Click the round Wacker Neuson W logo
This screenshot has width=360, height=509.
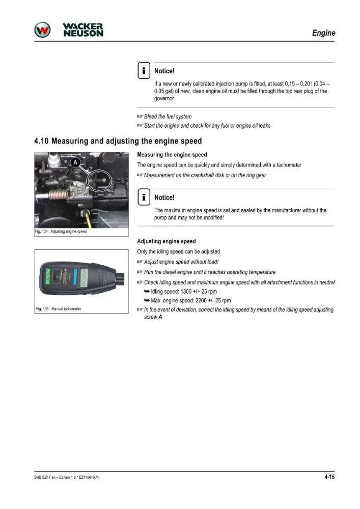tap(42, 30)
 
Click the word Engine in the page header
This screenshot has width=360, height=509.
tap(324, 33)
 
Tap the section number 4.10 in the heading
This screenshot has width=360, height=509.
tap(41, 141)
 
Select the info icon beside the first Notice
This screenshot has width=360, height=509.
tap(144, 70)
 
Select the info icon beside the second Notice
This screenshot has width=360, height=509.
tap(144, 197)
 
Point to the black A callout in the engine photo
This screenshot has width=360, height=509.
tap(75, 162)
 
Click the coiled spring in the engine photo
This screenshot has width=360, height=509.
tap(58, 195)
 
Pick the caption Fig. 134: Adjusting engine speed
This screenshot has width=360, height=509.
tap(61, 232)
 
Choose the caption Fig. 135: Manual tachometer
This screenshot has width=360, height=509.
tap(59, 309)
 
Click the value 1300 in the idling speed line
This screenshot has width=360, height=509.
tap(186, 292)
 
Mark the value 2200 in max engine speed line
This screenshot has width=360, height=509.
tap(201, 301)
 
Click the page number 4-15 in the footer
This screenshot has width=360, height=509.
tap(329, 477)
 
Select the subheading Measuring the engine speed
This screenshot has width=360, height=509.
tap(172, 155)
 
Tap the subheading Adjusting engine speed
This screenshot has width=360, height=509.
tap(167, 241)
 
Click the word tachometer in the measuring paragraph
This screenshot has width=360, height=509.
tap(289, 165)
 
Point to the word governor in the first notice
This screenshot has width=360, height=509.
tap(164, 98)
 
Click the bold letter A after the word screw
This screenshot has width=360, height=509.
tap(160, 317)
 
